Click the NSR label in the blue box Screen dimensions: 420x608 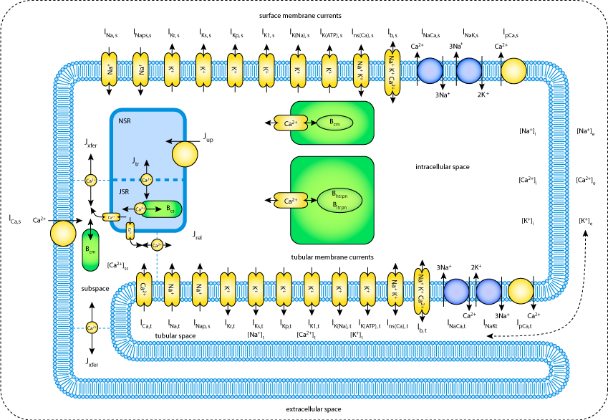[125, 121]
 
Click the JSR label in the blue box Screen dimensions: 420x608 [124, 191]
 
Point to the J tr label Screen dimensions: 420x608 [135, 162]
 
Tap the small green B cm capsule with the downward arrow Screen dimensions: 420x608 [90, 249]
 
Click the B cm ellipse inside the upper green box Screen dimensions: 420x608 [334, 123]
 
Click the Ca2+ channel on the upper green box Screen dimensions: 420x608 [291, 123]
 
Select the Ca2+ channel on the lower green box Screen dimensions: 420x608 [291, 201]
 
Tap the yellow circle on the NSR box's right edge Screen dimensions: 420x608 [185, 154]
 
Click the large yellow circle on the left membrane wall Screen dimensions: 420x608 [63, 234]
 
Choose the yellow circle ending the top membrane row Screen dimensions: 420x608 [513, 71]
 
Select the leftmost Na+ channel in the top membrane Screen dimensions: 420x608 [109, 70]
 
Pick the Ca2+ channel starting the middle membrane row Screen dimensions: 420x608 [143, 290]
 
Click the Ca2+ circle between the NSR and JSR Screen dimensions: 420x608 [146, 180]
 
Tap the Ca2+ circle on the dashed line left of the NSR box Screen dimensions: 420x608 [91, 181]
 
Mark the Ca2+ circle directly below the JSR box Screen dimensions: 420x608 [157, 245]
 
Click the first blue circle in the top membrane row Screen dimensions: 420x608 [430, 71]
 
